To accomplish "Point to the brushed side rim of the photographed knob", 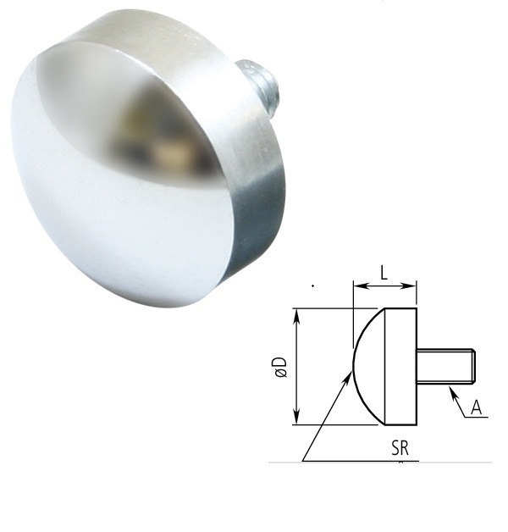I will tap(254, 169).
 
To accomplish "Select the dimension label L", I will tap(384, 273).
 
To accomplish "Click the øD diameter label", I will tap(280, 366).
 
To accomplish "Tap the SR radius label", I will tap(400, 448).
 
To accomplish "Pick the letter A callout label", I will tap(476, 408).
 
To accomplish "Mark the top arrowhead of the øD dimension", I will tap(295, 313).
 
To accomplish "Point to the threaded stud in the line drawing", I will tap(445, 366).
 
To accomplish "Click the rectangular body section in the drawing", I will tap(400, 366).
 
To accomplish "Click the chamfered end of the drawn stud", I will tap(475, 366).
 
